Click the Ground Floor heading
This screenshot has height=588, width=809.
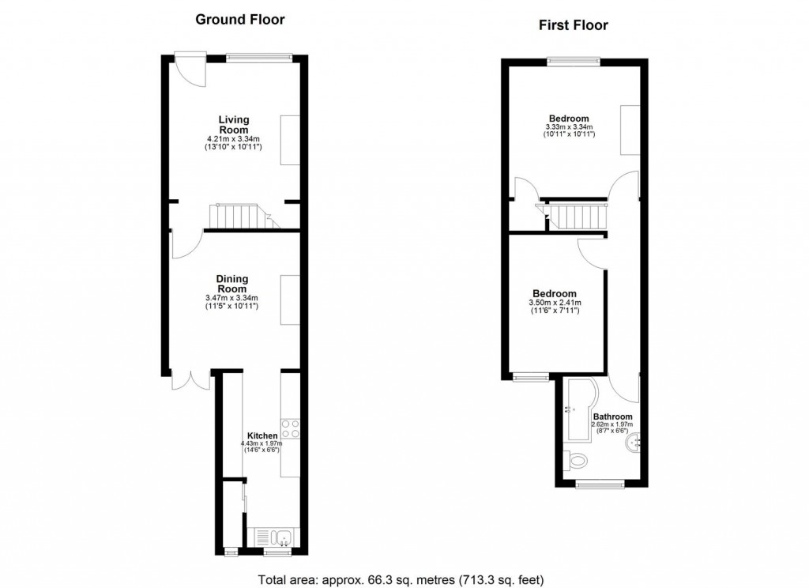(240, 20)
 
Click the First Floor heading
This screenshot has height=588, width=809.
(574, 25)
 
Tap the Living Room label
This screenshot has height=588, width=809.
(234, 125)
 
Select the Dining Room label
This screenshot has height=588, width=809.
(232, 284)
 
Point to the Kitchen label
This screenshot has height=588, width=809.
(262, 435)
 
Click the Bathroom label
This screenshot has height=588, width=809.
(612, 416)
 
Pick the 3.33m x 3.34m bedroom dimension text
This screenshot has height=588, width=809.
(569, 127)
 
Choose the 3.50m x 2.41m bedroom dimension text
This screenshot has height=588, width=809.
(555, 303)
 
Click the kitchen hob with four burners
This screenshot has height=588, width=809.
(291, 428)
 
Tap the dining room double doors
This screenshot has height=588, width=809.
(190, 381)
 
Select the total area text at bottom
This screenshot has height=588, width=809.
(404, 579)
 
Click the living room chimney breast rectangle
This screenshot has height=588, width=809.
(290, 139)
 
